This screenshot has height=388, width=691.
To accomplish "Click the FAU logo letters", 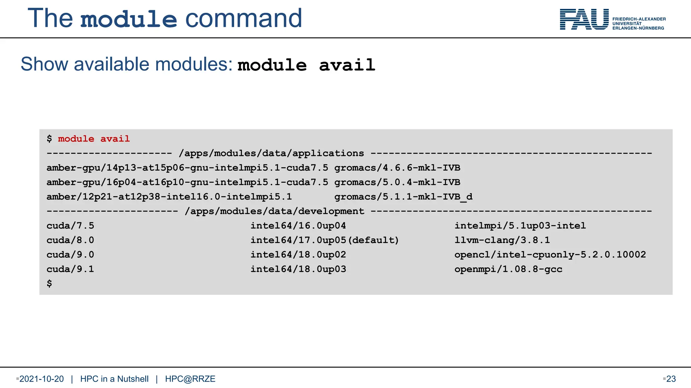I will (584, 20).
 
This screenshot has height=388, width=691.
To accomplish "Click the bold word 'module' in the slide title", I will (129, 19).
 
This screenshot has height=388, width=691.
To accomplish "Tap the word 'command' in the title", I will (244, 18).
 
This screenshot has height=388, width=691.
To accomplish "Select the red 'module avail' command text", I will (94, 139).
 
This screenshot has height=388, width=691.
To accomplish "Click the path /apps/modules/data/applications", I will (272, 153).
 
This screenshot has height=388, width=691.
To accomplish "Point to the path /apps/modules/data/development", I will (275, 211).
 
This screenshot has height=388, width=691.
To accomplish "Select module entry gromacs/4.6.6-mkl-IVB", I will (397, 168).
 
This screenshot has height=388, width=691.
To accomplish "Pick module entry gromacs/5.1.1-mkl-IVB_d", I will (403, 197).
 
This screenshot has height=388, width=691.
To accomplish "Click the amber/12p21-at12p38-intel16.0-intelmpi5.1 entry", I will (169, 197).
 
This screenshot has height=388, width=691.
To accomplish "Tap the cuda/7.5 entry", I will (70, 226).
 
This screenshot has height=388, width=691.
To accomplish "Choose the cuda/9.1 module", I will (70, 269).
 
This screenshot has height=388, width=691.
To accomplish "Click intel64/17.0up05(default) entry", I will (325, 240).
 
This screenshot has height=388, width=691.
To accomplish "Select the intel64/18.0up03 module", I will (298, 269).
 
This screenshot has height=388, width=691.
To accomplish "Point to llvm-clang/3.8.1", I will (502, 240).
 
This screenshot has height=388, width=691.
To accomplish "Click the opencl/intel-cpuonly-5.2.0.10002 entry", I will (550, 255).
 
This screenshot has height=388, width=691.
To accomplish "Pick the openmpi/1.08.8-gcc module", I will (508, 269).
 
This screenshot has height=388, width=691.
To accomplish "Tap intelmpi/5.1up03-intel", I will (520, 226).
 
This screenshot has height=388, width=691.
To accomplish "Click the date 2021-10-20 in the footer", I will (42, 379).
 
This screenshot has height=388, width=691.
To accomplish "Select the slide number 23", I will (671, 379).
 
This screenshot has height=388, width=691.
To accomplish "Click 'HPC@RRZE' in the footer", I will (190, 379).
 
